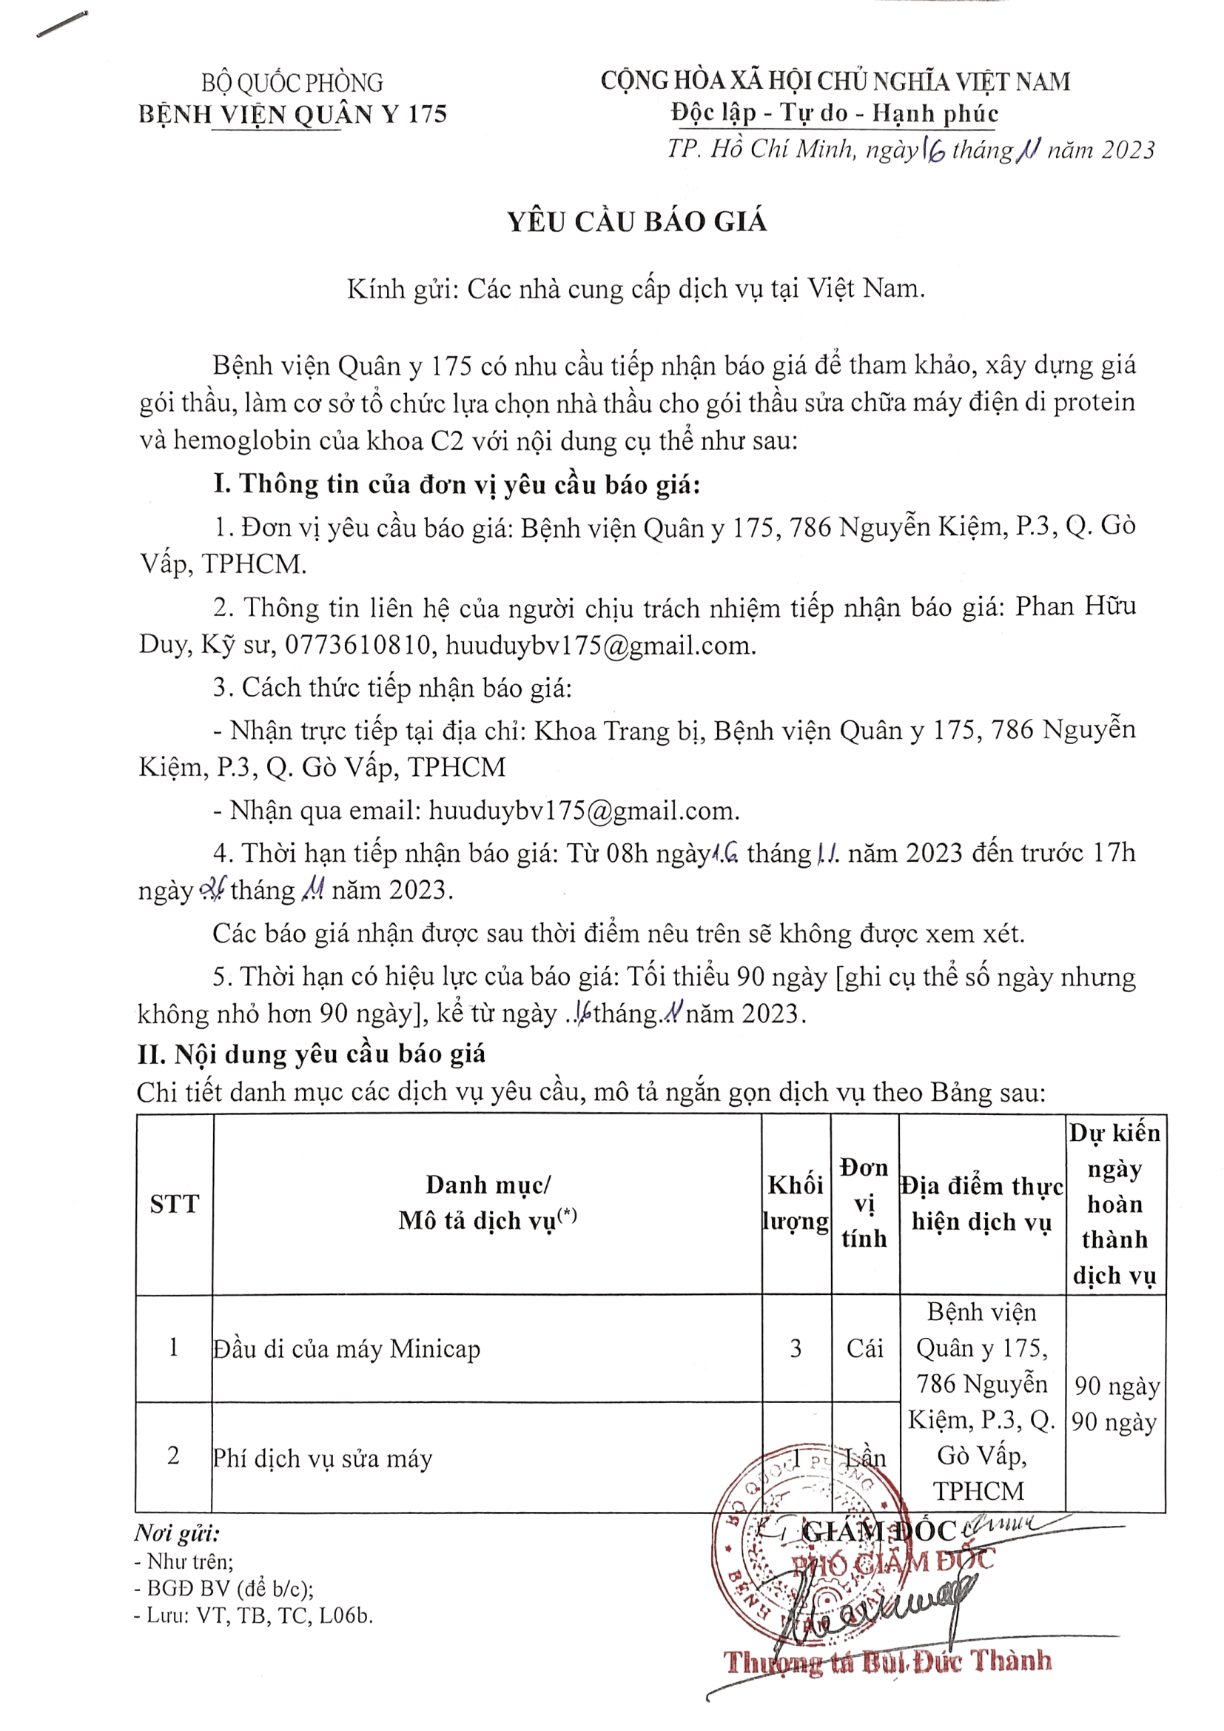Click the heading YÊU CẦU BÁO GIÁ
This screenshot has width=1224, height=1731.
coord(637,221)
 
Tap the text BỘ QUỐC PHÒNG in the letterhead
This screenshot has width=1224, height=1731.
coord(292,82)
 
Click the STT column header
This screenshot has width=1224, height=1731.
coord(174,1204)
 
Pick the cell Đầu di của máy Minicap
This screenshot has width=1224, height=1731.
coord(346,1349)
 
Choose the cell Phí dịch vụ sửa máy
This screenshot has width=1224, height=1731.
coord(323,1458)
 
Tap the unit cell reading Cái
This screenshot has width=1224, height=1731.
coord(864,1348)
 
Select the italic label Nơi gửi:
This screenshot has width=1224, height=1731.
coord(177,1533)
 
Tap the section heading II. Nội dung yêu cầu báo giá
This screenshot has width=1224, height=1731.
coord(312,1054)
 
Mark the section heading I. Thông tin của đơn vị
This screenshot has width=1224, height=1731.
coord(457,484)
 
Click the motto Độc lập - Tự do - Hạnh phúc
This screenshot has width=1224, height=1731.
coord(835,113)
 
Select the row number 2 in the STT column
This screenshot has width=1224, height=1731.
coord(173,1456)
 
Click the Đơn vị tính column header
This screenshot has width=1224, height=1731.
coord(864,1203)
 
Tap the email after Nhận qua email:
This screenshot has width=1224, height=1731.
coord(584,811)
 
